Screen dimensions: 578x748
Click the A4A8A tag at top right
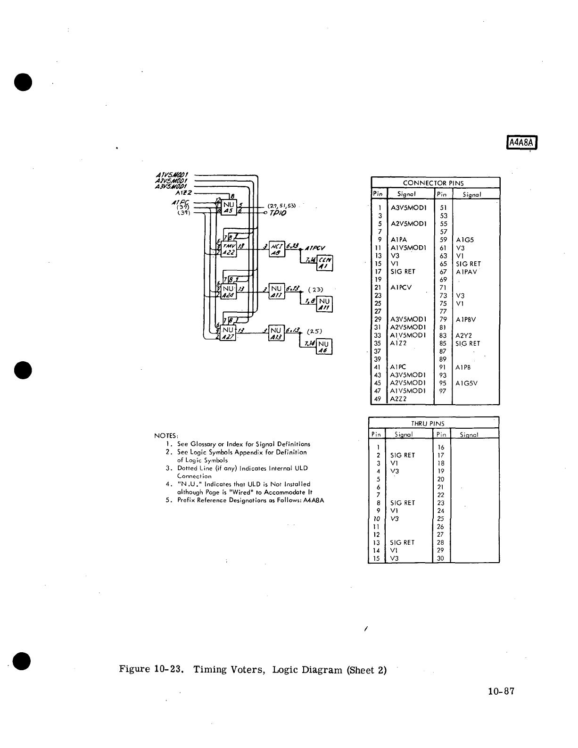522,142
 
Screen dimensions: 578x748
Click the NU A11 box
325,305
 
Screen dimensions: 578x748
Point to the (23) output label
314,289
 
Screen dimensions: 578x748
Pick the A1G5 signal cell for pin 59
465,240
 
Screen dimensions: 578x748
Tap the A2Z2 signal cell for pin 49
399,399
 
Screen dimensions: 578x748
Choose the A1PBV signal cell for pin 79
466,319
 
